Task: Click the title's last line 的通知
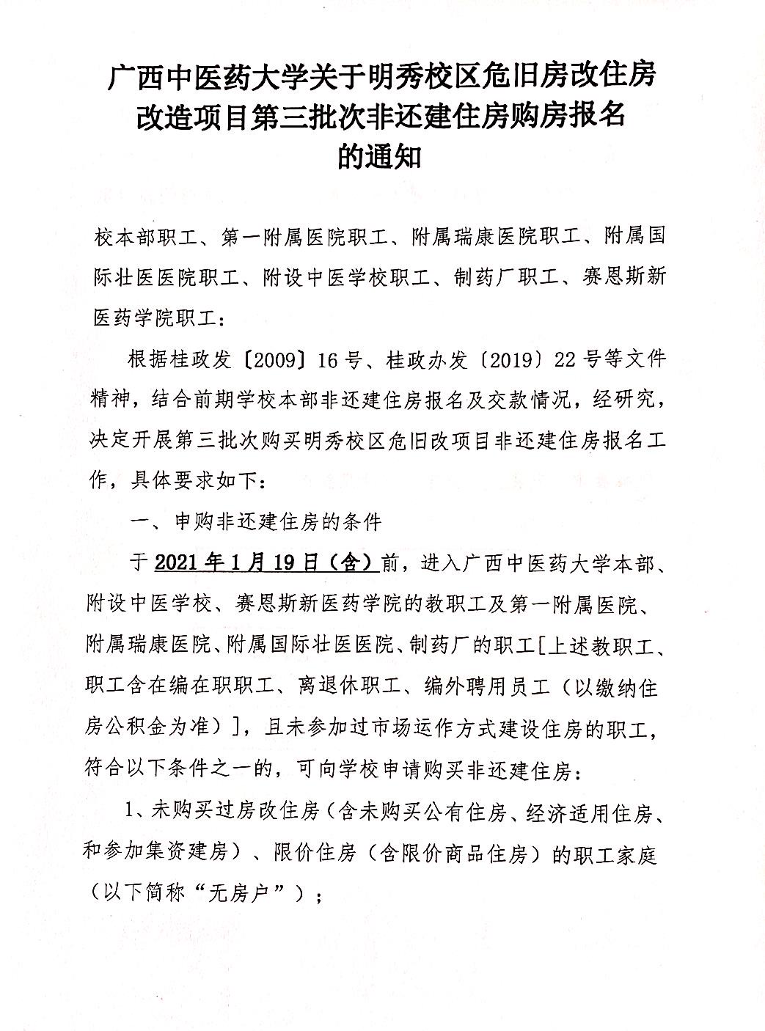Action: [x=380, y=156]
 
